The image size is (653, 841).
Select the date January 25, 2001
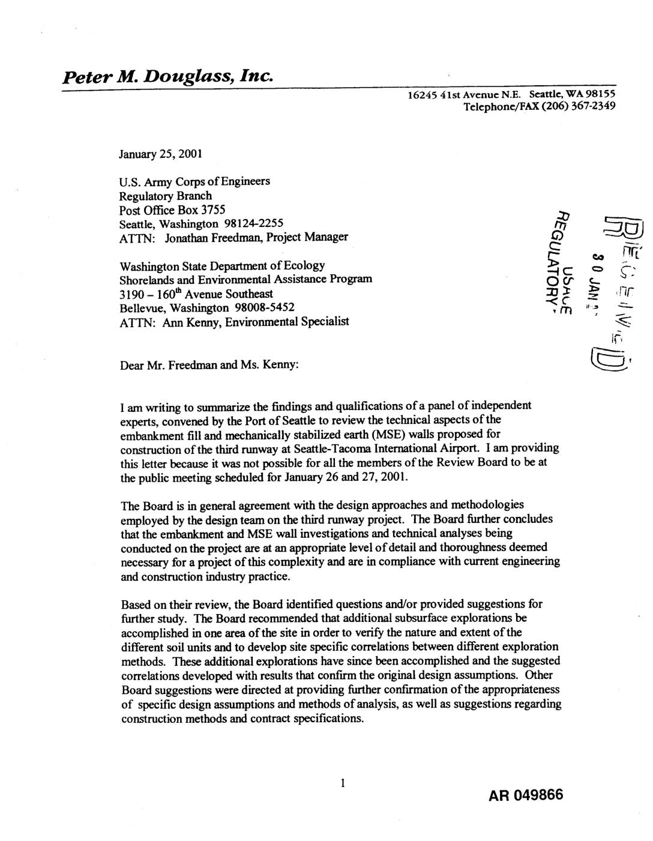(160, 153)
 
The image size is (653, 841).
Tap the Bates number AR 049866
(526, 795)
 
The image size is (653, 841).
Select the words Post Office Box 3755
(173, 209)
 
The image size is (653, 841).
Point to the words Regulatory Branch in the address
(166, 196)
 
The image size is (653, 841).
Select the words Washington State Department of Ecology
(223, 265)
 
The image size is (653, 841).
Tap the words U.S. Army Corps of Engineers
(195, 181)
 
